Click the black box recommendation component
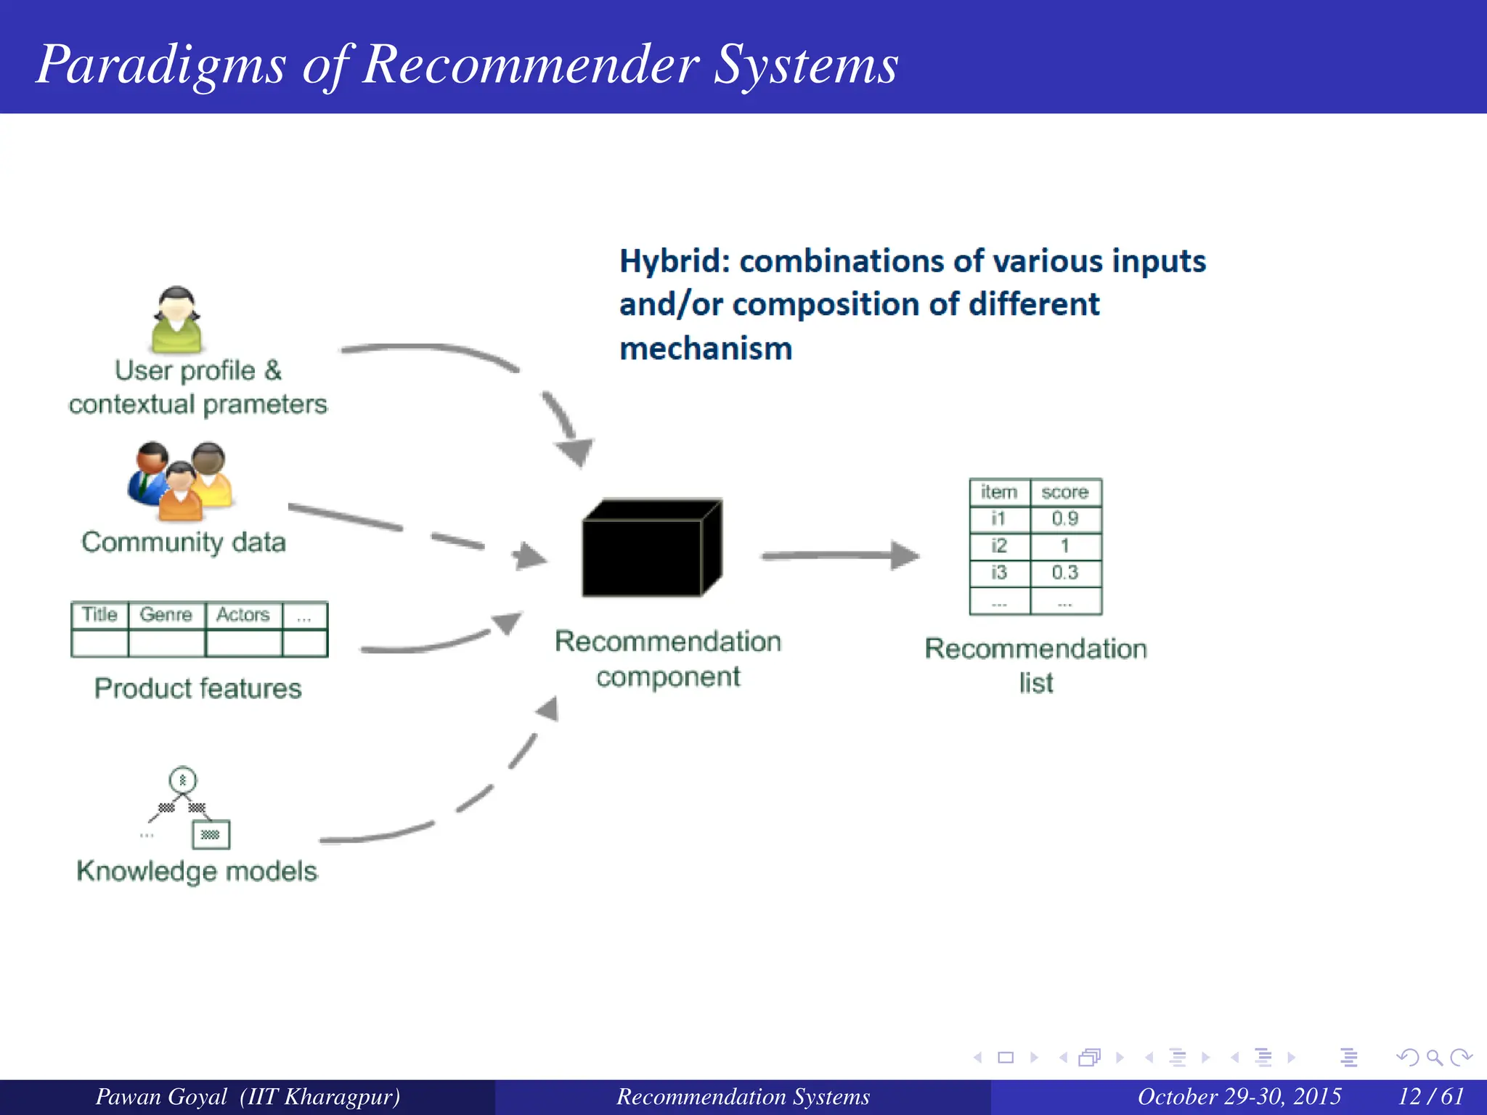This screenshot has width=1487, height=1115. pyautogui.click(x=651, y=549)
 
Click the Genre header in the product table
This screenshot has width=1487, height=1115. pyautogui.click(x=166, y=615)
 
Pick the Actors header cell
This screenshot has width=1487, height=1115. pyautogui.click(x=243, y=615)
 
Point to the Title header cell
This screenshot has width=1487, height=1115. pyautogui.click(x=99, y=615)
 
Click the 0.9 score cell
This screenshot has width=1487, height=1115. pyautogui.click(x=1065, y=519)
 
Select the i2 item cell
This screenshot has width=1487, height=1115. pyautogui.click(x=999, y=546)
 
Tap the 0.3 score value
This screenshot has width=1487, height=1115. pyautogui.click(x=1065, y=573)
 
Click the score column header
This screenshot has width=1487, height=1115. pyautogui.click(x=1065, y=492)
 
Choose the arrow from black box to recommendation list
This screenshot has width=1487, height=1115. pyautogui.click(x=839, y=555)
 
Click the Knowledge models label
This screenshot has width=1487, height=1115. pyautogui.click(x=197, y=871)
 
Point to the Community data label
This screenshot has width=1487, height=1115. pyautogui.click(x=184, y=542)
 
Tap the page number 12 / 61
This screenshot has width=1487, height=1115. pyautogui.click(x=1431, y=1096)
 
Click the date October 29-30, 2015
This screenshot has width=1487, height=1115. pyautogui.click(x=1239, y=1096)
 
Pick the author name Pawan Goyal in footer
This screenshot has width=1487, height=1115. pyautogui.click(x=161, y=1096)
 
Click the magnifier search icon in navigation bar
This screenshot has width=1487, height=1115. pyautogui.click(x=1434, y=1058)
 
